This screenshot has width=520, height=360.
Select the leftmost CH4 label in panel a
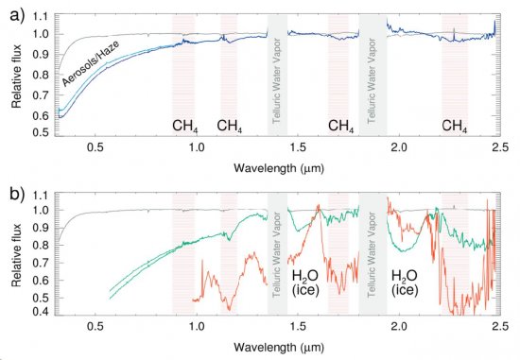[184, 126]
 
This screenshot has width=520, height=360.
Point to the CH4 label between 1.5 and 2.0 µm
[342, 126]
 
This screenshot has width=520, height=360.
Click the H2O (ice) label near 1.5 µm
[304, 282]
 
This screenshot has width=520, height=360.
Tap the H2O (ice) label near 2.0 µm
[407, 282]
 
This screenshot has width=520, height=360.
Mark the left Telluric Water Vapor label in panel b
[277, 254]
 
